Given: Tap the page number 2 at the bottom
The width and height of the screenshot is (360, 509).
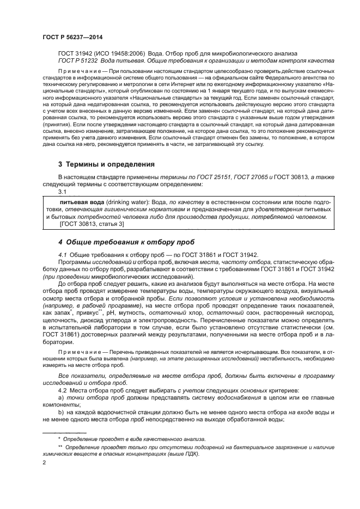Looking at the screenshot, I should [44, 463].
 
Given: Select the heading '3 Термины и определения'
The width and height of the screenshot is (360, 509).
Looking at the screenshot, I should [106, 164].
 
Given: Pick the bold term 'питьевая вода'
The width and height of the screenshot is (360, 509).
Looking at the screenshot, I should [85, 201].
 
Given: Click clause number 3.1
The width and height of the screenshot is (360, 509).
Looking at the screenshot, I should [63, 192].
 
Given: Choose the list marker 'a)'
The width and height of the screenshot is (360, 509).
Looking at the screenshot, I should [61, 400].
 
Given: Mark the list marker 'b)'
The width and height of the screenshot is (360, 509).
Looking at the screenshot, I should [61, 415].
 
